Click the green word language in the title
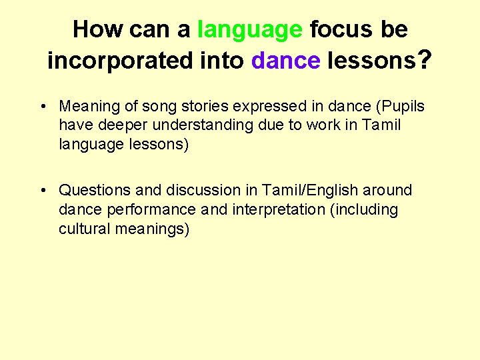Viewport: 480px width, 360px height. pos(250,30)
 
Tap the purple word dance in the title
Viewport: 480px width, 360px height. pos(286,61)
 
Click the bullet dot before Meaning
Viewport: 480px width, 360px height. pos(43,107)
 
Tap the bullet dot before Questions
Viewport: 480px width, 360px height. pos(43,191)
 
